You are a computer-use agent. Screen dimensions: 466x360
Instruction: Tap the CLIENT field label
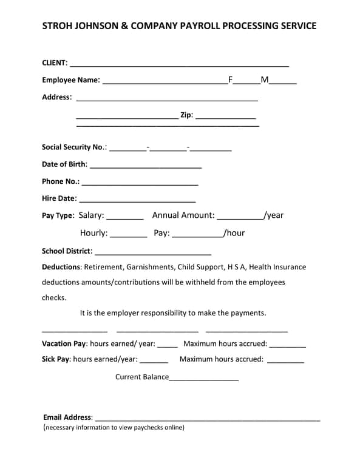(54, 62)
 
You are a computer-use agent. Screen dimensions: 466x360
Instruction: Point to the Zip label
(186, 115)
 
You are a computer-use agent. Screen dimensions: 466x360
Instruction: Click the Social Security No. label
(74, 147)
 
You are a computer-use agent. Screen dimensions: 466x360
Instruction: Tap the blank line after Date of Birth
(146, 165)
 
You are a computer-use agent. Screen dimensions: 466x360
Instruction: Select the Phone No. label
(60, 181)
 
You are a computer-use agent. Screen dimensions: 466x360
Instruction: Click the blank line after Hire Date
(137, 199)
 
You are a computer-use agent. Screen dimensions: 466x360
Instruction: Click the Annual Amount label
(183, 215)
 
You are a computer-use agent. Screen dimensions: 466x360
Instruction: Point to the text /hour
(234, 233)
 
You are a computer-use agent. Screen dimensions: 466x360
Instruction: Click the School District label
(67, 251)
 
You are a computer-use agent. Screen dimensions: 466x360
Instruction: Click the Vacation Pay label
(64, 344)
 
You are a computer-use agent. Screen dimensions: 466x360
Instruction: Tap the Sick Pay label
(56, 359)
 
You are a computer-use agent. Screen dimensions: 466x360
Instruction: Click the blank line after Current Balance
(204, 378)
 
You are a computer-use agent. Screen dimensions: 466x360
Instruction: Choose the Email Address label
(67, 417)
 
